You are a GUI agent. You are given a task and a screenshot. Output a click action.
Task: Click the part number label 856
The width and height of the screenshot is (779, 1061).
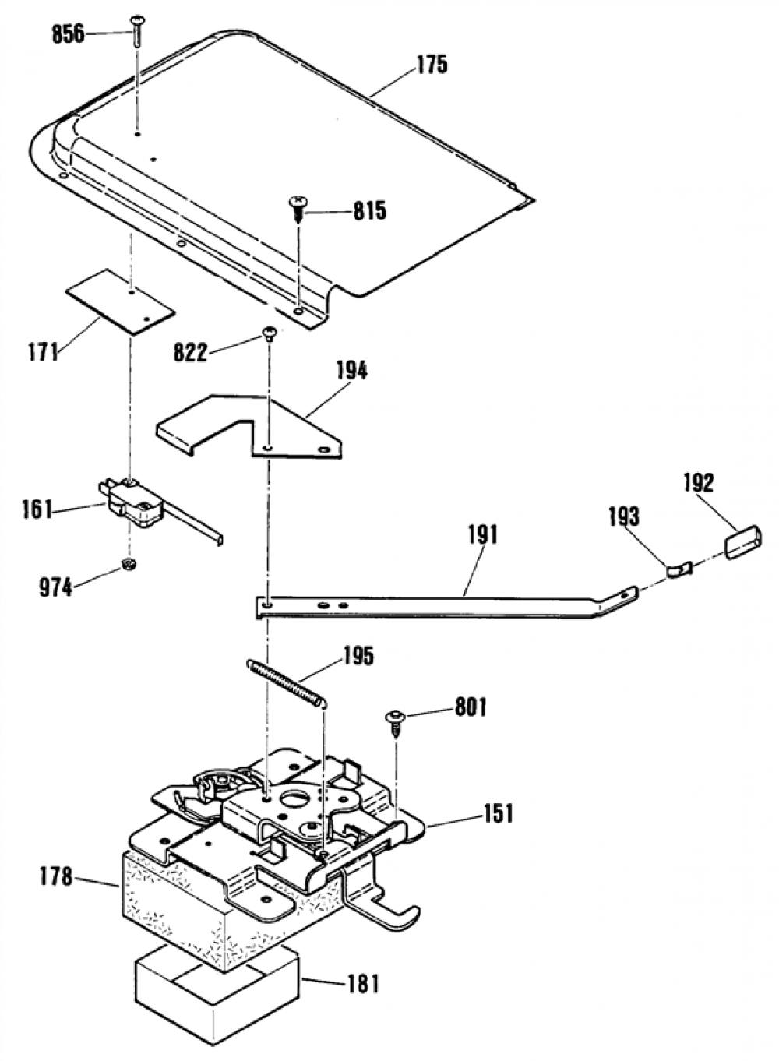[69, 35]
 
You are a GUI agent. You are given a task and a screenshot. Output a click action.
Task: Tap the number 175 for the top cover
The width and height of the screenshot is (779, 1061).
[432, 65]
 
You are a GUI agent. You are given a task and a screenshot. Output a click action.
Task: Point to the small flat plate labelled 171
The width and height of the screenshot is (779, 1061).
[120, 303]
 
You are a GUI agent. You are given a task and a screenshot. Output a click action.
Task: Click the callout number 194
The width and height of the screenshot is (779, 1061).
[352, 372]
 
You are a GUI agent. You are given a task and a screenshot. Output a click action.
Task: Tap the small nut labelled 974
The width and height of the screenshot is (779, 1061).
[128, 564]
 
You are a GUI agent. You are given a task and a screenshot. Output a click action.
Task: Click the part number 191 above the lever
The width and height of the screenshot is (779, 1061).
[482, 536]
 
